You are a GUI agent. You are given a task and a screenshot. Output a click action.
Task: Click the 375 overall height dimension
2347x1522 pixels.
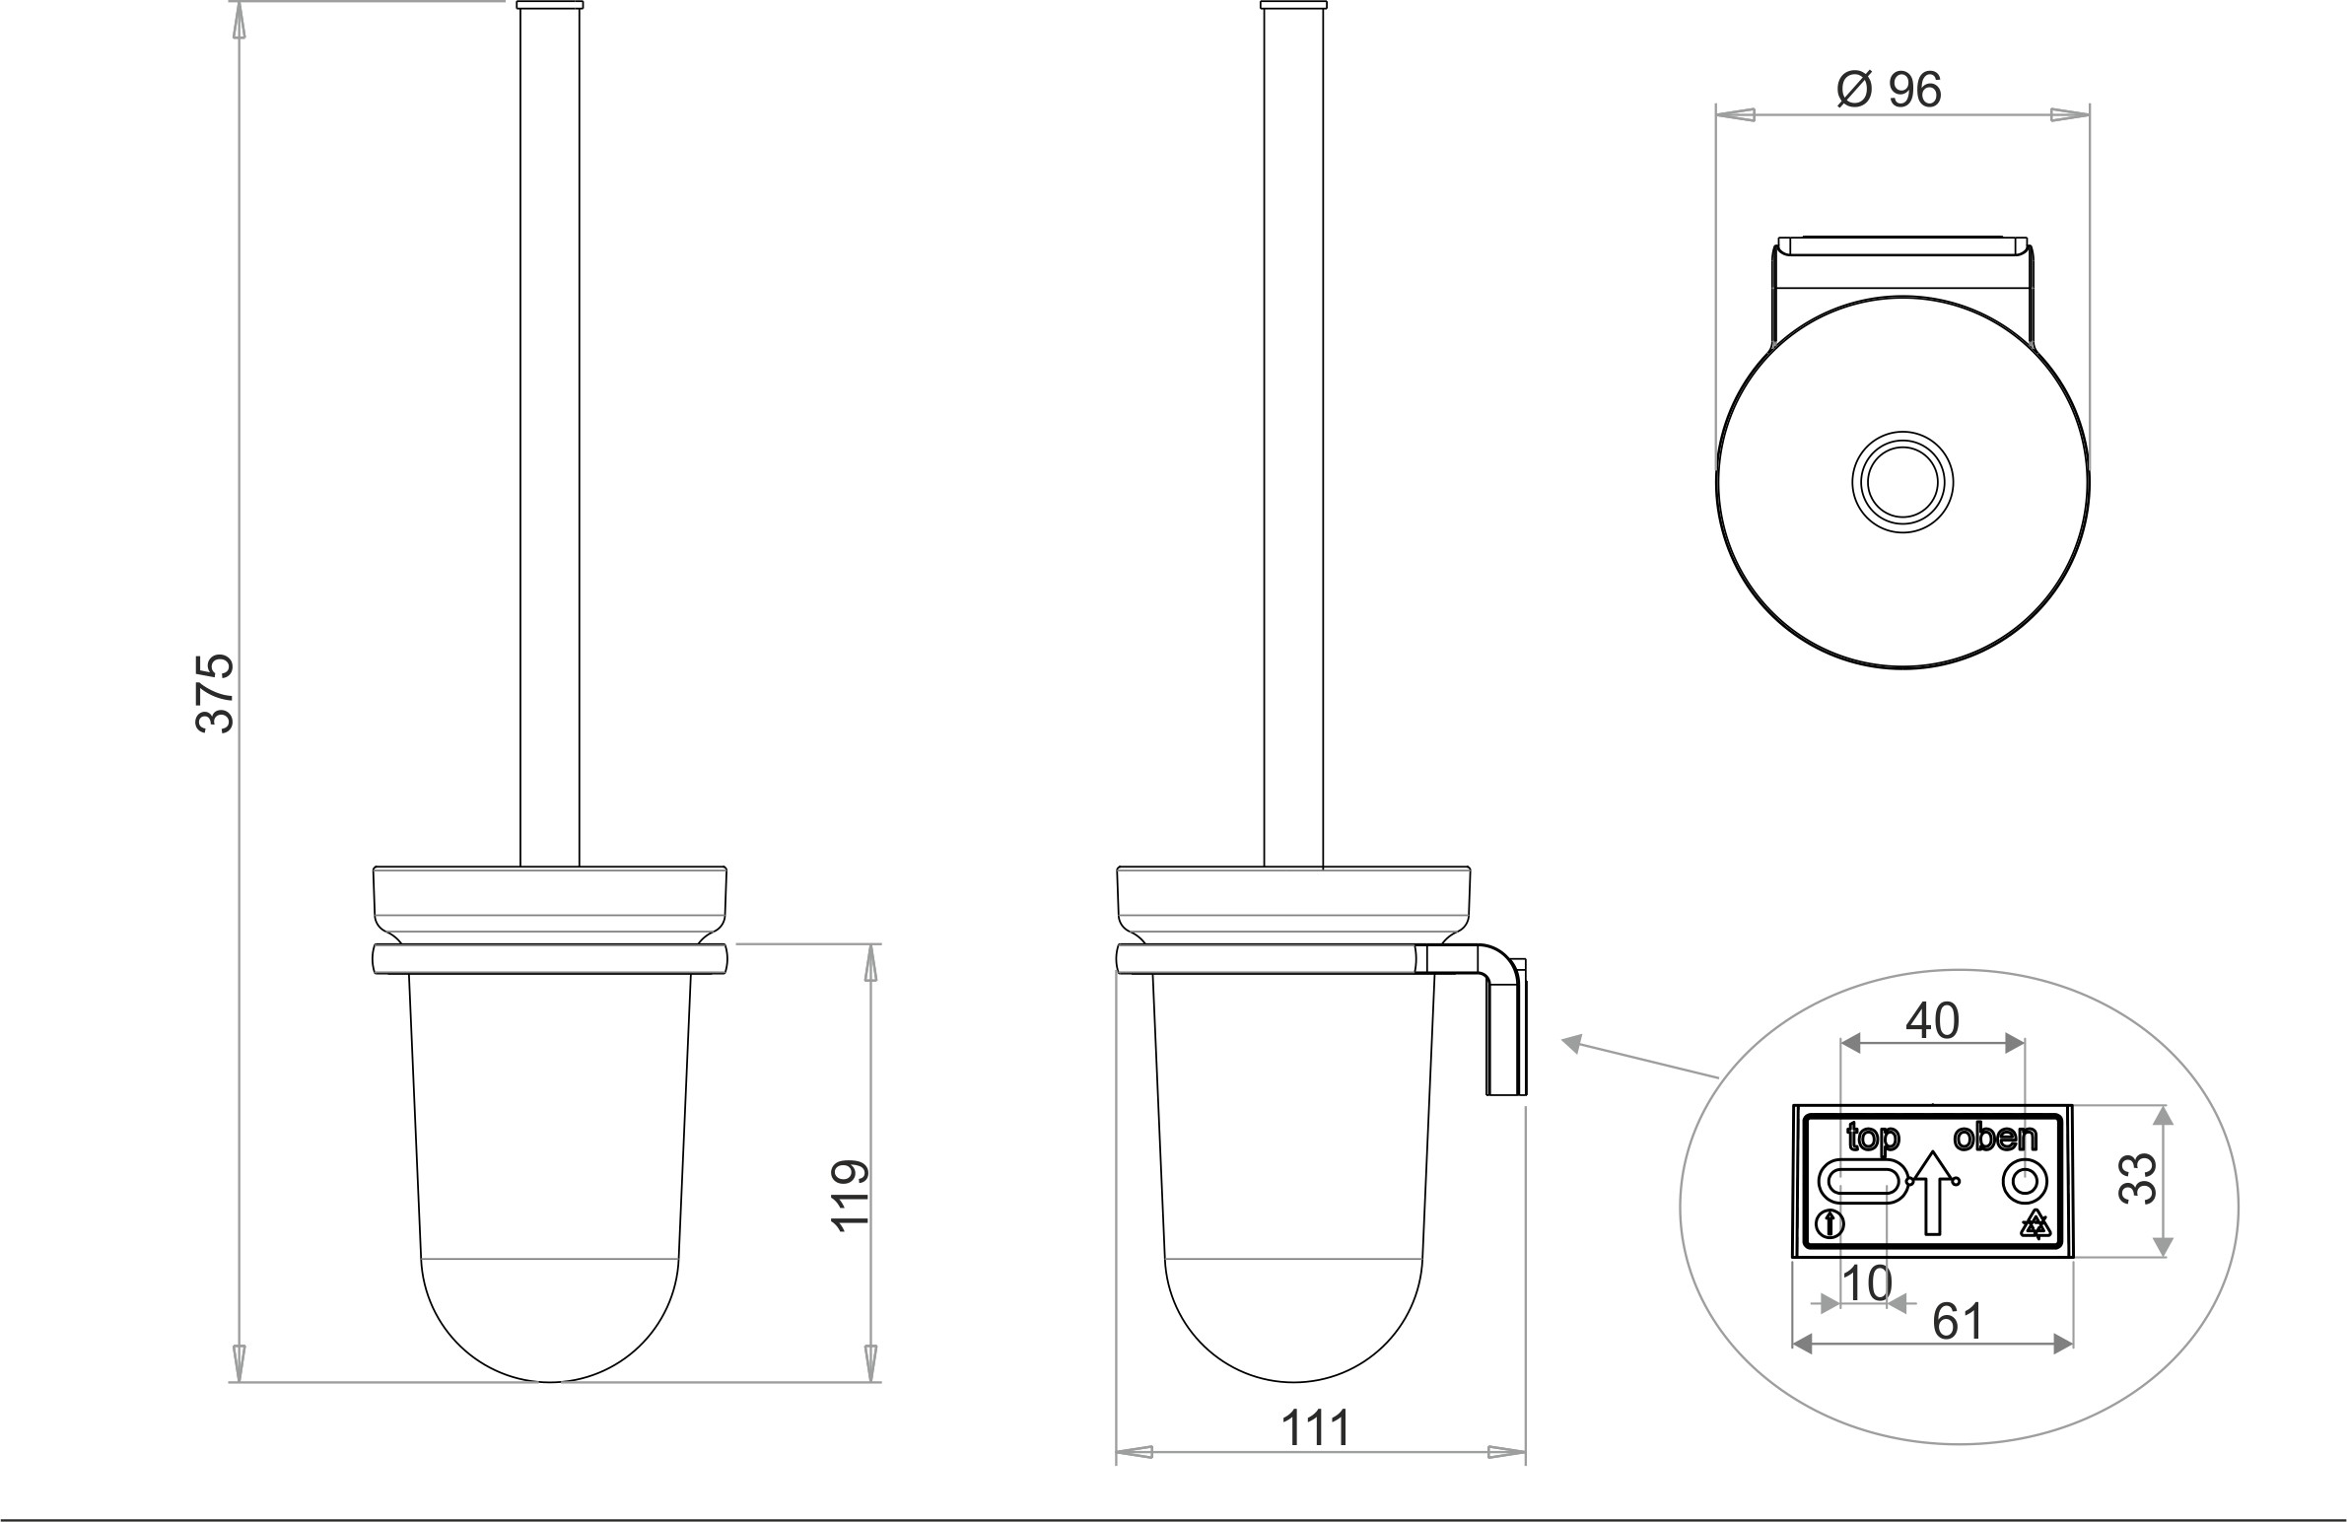(216, 692)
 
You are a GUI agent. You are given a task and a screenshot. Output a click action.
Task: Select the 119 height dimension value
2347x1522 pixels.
(850, 1196)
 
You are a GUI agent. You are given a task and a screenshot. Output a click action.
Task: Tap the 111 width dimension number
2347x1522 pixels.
(1316, 1427)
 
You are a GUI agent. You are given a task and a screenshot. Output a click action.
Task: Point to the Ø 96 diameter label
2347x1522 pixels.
(1890, 90)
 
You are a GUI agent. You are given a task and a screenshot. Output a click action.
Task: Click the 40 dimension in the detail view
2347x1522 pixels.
(1932, 1021)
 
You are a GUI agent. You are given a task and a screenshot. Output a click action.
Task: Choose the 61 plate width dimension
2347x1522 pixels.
(1958, 1322)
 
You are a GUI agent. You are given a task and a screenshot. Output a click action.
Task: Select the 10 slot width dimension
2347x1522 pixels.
(1867, 1283)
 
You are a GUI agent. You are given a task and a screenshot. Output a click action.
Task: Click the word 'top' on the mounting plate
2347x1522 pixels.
(1873, 1140)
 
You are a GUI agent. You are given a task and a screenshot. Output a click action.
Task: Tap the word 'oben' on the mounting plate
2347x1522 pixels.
(1995, 1138)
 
